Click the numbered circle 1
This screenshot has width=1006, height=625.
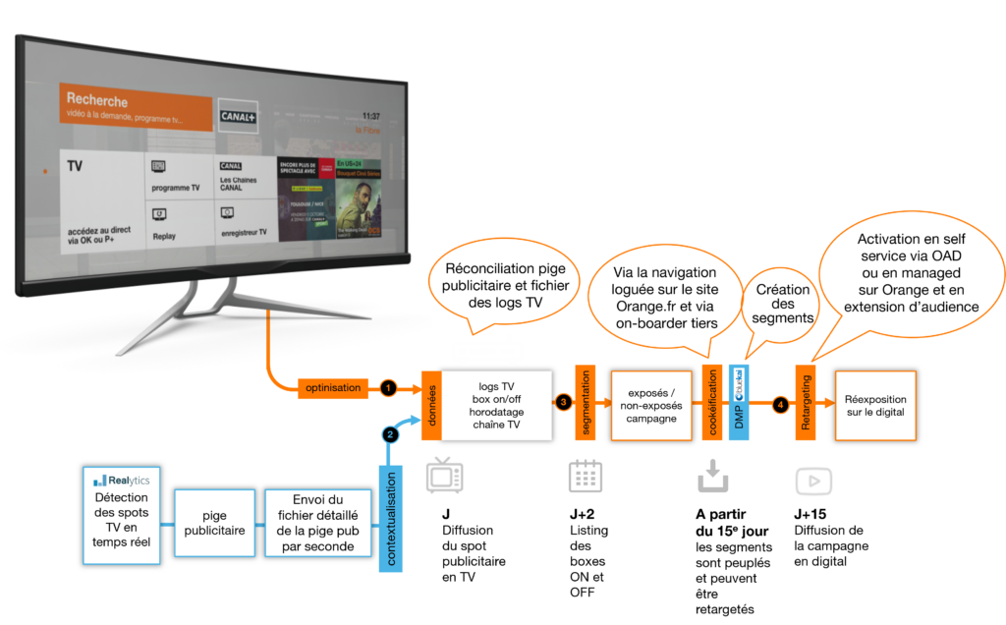pyautogui.click(x=388, y=388)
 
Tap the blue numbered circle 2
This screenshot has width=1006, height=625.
pyautogui.click(x=390, y=433)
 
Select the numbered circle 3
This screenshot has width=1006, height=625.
pyautogui.click(x=563, y=402)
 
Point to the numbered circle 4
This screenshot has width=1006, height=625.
pyautogui.click(x=780, y=403)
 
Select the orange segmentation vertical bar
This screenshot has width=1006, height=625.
pyautogui.click(x=587, y=403)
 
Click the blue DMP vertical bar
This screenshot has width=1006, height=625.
pyautogui.click(x=739, y=404)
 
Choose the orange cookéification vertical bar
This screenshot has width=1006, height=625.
pyautogui.click(x=712, y=404)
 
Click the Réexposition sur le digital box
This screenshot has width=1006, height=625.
pyautogui.click(x=875, y=406)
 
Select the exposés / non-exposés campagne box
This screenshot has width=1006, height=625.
pyautogui.click(x=652, y=406)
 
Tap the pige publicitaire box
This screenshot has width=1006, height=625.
pyautogui.click(x=214, y=524)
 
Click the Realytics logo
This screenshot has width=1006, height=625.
pyautogui.click(x=121, y=481)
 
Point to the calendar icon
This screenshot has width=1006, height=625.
pyautogui.click(x=586, y=477)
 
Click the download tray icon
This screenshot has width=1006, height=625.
pyautogui.click(x=713, y=477)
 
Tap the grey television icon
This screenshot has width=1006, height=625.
pyautogui.click(x=444, y=476)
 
